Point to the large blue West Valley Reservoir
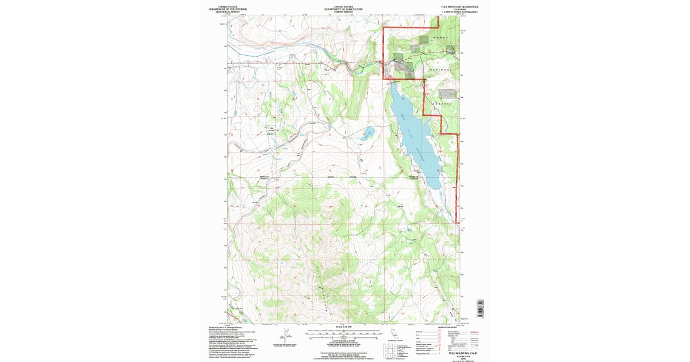[416, 138]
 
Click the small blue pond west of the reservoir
[367, 135]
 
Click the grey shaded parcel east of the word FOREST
[447, 92]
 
